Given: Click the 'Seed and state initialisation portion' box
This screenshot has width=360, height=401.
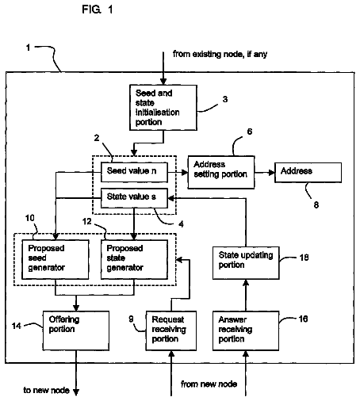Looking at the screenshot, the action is point(163,107).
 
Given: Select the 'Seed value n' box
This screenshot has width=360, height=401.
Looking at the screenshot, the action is point(134,172).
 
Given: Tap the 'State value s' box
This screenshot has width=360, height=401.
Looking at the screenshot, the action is point(134,198).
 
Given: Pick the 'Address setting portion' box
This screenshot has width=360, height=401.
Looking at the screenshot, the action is point(221,172).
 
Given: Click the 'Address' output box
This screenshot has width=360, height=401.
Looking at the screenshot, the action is point(308,172).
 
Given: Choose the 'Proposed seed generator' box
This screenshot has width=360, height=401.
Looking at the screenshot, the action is point(56,259).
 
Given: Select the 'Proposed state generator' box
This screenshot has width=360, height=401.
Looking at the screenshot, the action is point(134,259).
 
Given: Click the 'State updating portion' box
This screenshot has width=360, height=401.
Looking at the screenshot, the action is point(246,263).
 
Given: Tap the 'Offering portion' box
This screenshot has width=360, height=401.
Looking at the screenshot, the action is point(76,330).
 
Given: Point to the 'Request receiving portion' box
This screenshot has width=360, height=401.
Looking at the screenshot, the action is point(171,330).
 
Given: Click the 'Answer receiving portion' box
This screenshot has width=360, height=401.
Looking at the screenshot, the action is point(246,330).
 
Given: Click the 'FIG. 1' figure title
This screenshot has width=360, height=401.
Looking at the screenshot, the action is point(98,10).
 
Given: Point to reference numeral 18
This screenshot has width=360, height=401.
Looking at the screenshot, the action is point(304,258).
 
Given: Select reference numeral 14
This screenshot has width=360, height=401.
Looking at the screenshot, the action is point(17,326).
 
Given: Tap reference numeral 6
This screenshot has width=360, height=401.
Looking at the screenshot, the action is point(250,132).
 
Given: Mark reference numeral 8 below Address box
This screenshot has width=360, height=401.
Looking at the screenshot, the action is point(316,204).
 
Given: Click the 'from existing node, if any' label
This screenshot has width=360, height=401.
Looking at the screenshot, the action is point(220,54).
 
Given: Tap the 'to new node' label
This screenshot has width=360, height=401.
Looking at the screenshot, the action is point(46,390).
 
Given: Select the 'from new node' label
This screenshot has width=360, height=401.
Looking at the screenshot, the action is point(209,384).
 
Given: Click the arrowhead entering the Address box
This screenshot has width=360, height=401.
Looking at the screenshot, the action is point(271,173).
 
